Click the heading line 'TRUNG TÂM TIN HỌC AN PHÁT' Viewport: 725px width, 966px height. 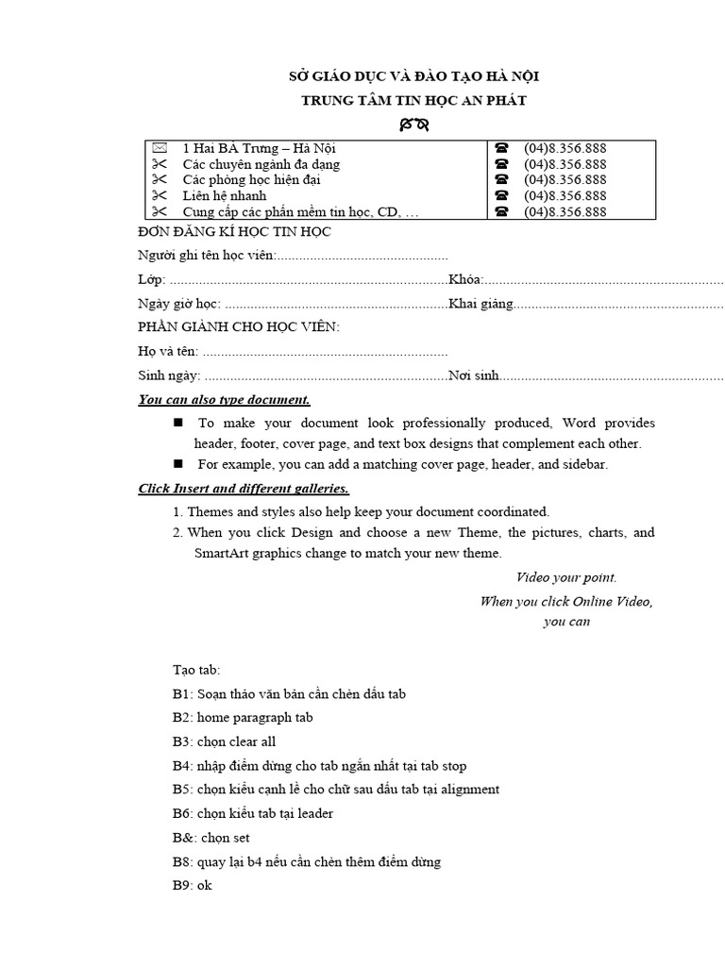[413, 100]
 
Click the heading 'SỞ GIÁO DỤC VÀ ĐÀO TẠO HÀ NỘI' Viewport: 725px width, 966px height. [413, 77]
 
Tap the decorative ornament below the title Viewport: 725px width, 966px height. [413, 124]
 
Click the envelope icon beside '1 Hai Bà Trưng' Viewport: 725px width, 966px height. [159, 148]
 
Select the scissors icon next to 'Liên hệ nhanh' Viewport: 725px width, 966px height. [159, 196]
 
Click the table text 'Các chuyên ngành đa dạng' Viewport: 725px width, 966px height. [261, 164]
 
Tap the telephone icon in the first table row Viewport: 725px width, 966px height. [501, 148]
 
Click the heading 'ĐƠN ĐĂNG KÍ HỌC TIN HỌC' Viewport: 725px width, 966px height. [234, 232]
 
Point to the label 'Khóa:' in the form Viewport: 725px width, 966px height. [466, 279]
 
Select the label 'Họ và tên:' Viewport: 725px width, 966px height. [168, 352]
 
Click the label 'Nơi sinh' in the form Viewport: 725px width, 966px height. [474, 375]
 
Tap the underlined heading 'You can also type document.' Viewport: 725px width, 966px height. [224, 400]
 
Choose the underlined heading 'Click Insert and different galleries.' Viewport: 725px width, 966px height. [244, 489]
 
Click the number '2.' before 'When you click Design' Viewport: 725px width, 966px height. [177, 532]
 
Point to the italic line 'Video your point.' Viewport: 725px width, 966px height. [566, 577]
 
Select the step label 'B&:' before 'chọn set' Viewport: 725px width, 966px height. [183, 838]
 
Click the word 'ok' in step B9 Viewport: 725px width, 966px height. [205, 886]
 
